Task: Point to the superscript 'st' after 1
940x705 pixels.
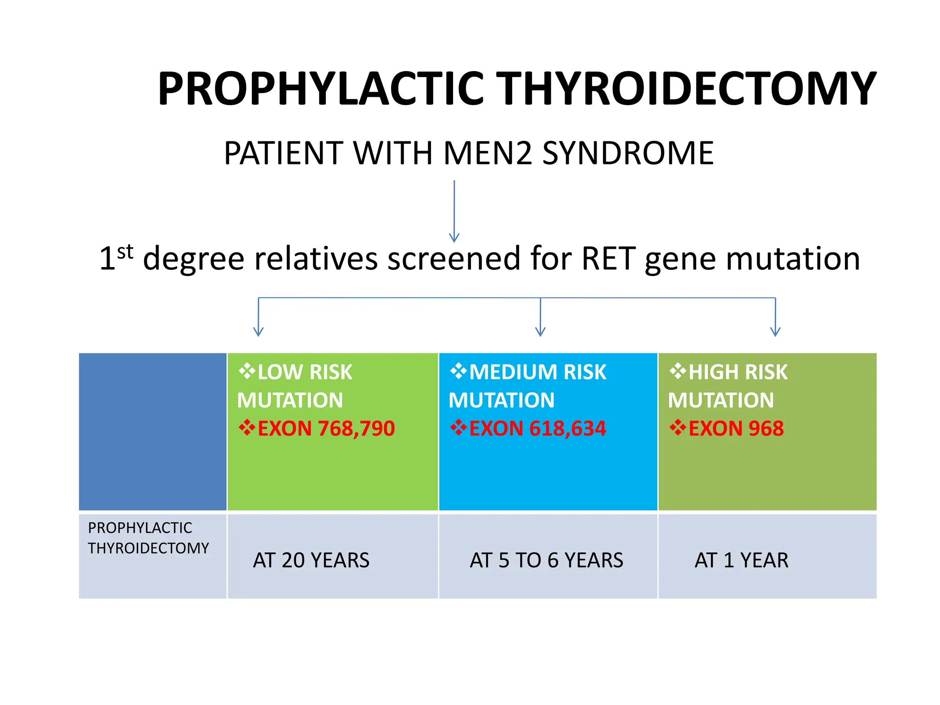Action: point(125,252)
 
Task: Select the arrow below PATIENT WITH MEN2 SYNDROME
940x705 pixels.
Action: point(454,211)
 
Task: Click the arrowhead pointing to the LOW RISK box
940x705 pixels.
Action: point(258,331)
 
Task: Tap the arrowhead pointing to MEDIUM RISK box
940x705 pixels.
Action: point(540,331)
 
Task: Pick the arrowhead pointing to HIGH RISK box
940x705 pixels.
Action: point(775,331)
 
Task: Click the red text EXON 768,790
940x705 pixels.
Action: point(325,429)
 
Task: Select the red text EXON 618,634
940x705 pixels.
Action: point(537,429)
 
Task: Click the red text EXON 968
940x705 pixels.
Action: point(735,429)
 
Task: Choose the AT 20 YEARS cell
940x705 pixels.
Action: point(311,560)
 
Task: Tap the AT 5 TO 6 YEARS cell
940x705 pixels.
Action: point(546,560)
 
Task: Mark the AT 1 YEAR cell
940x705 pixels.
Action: point(741,560)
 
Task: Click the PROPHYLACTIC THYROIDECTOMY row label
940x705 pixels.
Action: point(148,538)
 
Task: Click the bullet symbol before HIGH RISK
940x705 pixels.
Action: point(677,371)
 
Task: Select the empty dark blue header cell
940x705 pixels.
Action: point(152,431)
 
